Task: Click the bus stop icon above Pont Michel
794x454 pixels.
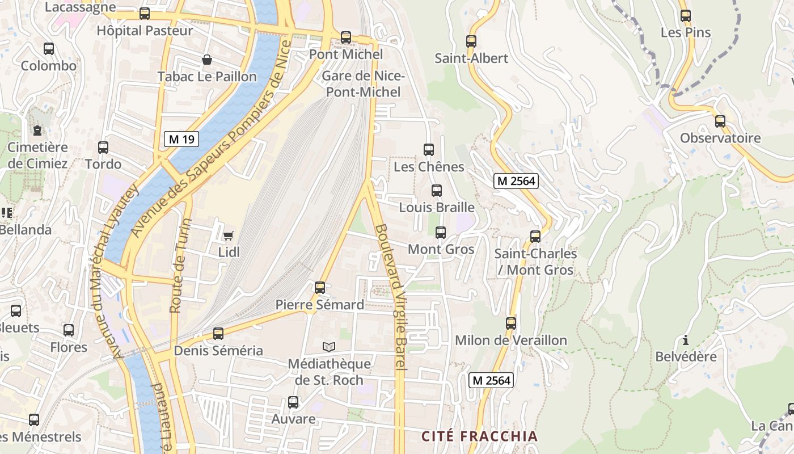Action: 345,37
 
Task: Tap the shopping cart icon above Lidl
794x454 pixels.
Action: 229,236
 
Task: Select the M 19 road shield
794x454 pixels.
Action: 181,139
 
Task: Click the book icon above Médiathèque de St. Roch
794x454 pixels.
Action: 329,346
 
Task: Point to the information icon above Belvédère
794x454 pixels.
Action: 686,340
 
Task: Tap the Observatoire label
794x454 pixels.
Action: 720,138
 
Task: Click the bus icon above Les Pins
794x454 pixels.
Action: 685,16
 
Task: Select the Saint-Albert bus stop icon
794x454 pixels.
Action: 471,41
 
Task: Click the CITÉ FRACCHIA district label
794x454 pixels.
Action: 479,436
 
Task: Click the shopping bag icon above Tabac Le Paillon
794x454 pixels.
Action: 207,60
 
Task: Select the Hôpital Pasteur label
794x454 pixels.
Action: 145,30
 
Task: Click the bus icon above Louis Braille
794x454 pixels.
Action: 436,191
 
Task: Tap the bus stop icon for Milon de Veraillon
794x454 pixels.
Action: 511,323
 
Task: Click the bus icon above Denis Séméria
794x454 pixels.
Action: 218,334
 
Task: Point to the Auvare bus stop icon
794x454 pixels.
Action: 293,402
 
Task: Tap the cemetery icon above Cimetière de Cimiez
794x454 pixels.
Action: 37,131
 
